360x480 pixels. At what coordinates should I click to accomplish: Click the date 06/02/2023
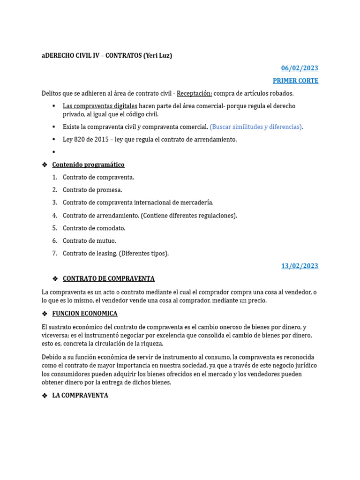coord(300,68)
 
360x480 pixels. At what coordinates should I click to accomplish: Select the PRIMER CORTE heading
coord(295,81)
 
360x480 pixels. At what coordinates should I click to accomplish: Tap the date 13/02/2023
coord(300,266)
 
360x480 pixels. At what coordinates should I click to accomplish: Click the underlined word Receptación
coord(194,93)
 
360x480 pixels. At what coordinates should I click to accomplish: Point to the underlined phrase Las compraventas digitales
coord(100,106)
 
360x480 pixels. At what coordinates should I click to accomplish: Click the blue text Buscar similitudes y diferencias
coord(256,127)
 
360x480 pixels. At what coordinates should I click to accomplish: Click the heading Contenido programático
coord(88,165)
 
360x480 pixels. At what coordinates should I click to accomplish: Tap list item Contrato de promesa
coord(92,190)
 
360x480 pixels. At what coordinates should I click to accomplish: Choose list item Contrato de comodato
coord(94,228)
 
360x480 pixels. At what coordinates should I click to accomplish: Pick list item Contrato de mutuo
coord(89,240)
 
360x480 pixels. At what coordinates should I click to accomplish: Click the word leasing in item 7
coord(106,253)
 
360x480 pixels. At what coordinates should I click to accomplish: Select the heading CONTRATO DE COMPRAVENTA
coord(108,278)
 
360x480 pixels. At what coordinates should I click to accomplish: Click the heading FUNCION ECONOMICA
coord(85,313)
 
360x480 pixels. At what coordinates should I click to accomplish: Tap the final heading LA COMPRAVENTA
coord(80,395)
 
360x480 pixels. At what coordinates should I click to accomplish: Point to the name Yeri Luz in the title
coord(158,55)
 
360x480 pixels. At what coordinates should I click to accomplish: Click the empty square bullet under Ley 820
coord(54,152)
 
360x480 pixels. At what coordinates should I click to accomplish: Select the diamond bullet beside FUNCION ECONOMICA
coord(45,313)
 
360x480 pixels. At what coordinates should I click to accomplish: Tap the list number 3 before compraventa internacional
coord(55,202)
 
